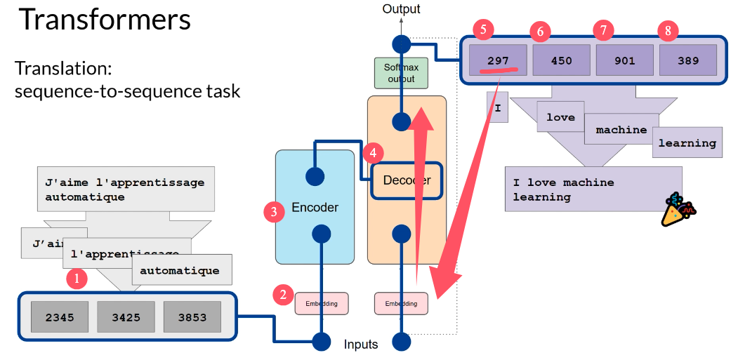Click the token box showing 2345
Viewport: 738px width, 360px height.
(60, 317)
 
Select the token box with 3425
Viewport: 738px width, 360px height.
(126, 317)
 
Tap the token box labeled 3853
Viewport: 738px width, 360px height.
(192, 317)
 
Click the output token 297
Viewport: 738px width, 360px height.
(498, 60)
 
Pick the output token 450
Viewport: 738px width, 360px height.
(561, 60)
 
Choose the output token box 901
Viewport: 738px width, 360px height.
(624, 60)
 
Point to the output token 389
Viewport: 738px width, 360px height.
(687, 60)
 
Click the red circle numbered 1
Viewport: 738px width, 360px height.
(77, 279)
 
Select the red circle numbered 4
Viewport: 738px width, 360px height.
(373, 152)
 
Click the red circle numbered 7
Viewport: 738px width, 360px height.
(603, 29)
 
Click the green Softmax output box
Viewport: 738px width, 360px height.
(401, 73)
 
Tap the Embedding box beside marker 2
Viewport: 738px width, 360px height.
(321, 303)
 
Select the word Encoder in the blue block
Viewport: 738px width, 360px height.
(315, 207)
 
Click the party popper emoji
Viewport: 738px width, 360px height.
(678, 210)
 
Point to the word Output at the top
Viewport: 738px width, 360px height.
(401, 9)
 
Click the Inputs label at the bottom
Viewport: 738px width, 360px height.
(361, 344)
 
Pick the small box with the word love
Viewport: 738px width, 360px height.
(560, 117)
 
